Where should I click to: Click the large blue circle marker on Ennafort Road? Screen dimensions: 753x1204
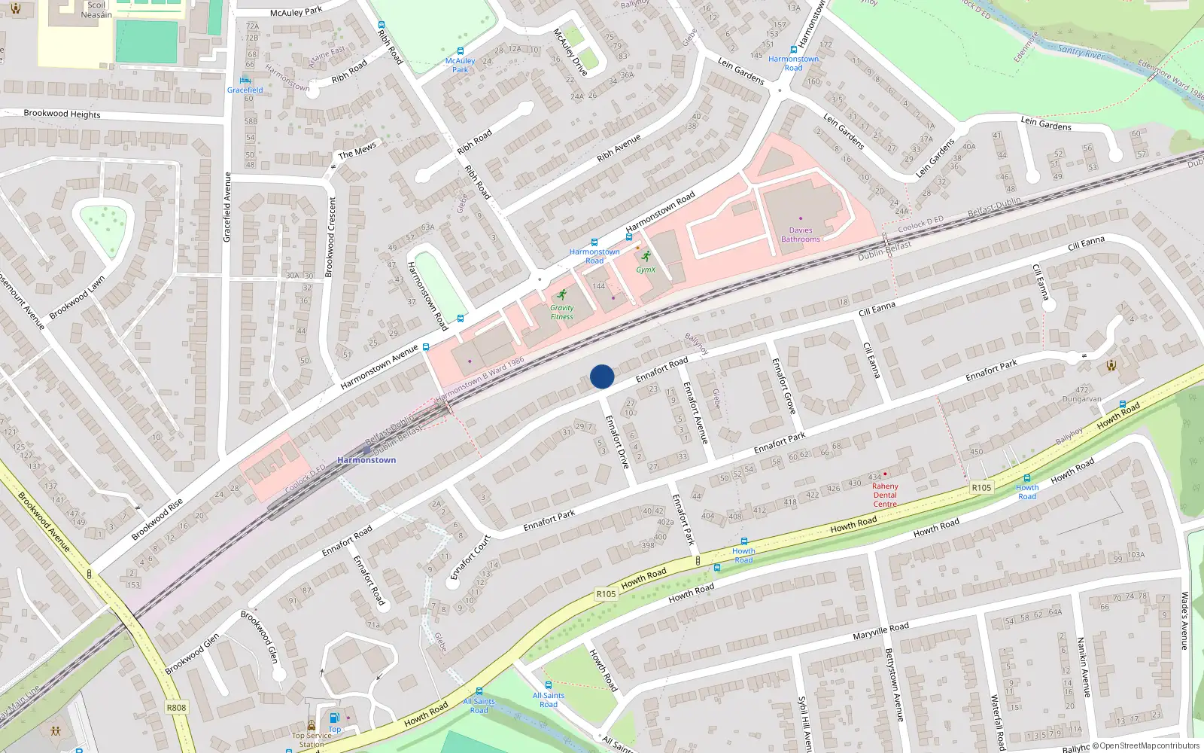tap(602, 376)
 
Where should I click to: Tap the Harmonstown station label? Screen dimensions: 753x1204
tap(366, 460)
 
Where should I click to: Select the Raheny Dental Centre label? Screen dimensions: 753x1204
tap(885, 495)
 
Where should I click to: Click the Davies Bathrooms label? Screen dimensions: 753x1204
tap(800, 235)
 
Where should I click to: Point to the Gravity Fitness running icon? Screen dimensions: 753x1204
tap(561, 295)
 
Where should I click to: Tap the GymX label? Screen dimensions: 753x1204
tap(646, 270)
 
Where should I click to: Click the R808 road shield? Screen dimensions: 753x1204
tap(176, 708)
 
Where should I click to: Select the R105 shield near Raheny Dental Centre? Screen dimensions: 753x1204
tap(981, 488)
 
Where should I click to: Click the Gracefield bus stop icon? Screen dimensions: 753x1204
tap(245, 80)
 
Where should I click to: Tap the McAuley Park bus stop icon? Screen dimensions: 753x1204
tap(460, 51)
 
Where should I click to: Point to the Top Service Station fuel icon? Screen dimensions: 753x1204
tap(335, 718)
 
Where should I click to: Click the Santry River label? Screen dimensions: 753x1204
tap(1081, 51)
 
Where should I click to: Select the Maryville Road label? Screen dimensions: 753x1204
tap(880, 631)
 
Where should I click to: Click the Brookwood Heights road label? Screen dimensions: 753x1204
tap(62, 114)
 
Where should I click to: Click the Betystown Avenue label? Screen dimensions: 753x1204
tap(893, 685)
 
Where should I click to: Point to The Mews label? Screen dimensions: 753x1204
tap(357, 151)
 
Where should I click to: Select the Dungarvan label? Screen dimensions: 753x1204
tap(1081, 399)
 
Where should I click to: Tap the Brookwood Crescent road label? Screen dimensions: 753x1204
tap(330, 237)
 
